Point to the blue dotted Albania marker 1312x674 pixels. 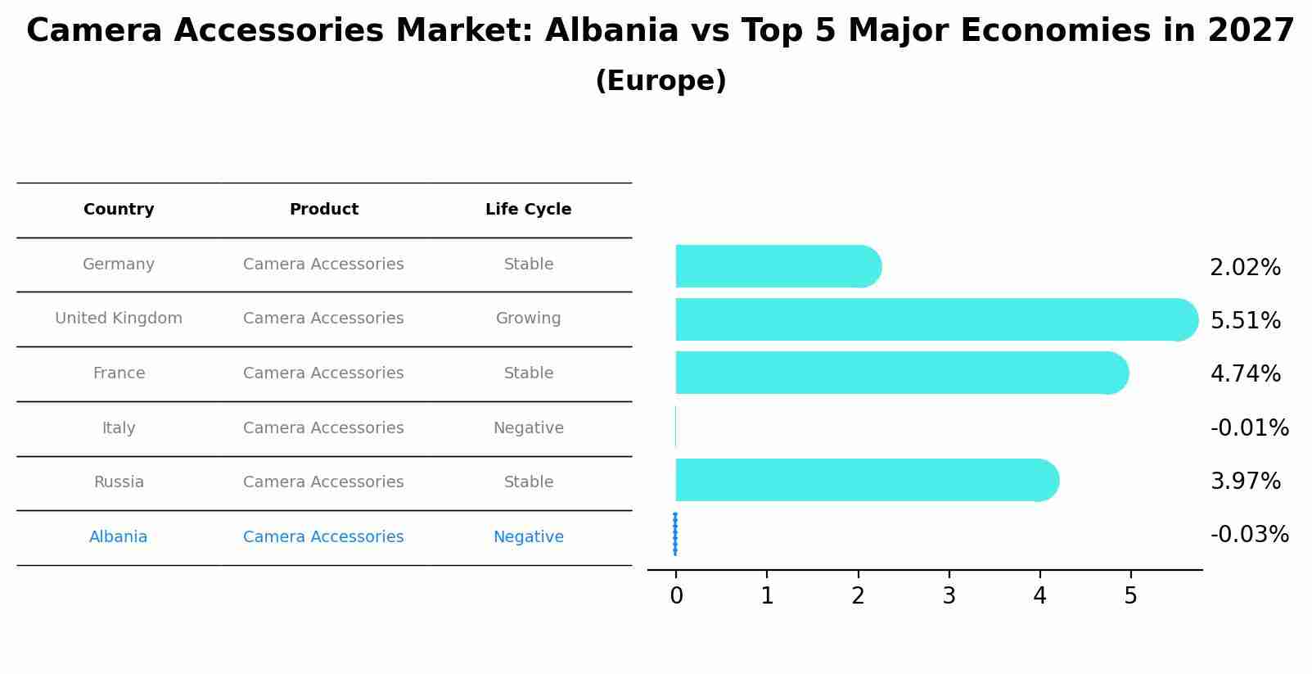pos(675,534)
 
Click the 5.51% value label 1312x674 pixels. pos(1245,320)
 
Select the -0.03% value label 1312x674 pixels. pos(1249,535)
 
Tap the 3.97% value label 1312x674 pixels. pos(1245,481)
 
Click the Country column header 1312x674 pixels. pos(119,210)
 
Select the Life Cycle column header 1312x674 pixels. pos(528,210)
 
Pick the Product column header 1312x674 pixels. pos(323,210)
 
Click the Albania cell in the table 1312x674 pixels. pos(119,537)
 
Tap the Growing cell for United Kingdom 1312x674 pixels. pos(528,319)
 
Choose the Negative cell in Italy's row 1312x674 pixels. pos(528,428)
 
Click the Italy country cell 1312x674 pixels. pos(119,428)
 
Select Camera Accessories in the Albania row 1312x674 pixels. pos(323,537)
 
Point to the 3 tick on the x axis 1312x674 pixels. pos(949,596)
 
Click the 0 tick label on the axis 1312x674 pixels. pos(676,596)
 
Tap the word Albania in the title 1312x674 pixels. pos(611,31)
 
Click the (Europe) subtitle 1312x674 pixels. pos(661,81)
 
